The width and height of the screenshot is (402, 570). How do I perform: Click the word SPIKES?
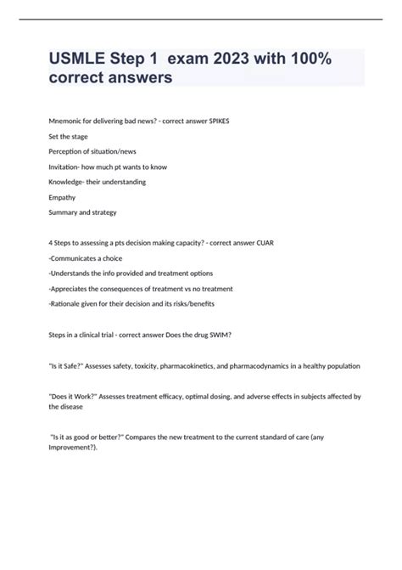click(x=213, y=121)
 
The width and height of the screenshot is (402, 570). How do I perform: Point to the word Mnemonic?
click(x=70, y=121)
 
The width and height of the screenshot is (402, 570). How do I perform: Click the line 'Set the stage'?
click(x=68, y=136)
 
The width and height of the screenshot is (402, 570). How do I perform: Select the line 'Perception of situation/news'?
click(x=91, y=151)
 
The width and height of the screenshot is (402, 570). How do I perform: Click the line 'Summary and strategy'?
click(x=82, y=212)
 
